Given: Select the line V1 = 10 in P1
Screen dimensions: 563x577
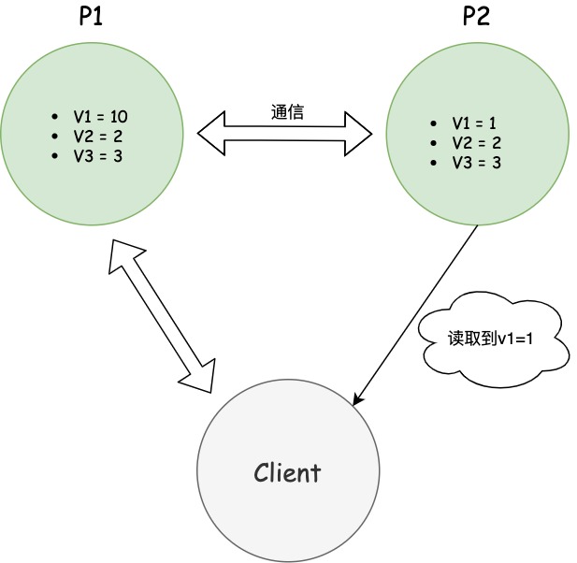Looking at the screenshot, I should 101,117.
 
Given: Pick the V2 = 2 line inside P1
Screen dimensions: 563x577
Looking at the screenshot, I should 97,137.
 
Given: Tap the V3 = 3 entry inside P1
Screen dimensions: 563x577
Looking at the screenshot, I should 97,156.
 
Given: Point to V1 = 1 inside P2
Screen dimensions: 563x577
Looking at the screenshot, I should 475,123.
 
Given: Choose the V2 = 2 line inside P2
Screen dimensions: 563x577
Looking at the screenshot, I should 475,143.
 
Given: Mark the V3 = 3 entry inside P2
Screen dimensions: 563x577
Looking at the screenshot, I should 475,163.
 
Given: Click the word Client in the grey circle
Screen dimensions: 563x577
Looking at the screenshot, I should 286,472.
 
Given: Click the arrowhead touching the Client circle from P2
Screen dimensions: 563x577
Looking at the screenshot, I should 358,399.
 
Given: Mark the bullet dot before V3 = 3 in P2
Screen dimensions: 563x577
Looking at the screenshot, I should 433,164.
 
